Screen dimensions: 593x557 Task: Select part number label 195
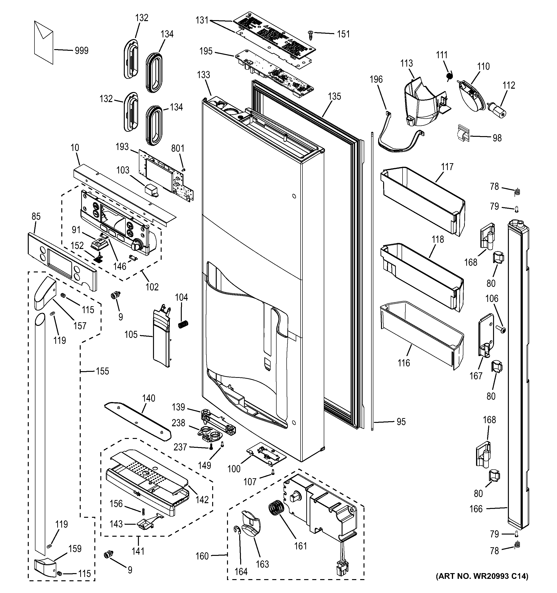pyautogui.click(x=206, y=51)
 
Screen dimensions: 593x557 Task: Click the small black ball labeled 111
pyautogui.click(x=449, y=77)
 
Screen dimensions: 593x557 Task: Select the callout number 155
pyautogui.click(x=102, y=371)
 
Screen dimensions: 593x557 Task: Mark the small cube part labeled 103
pyautogui.click(x=151, y=190)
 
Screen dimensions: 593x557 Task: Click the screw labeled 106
pyautogui.click(x=501, y=329)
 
